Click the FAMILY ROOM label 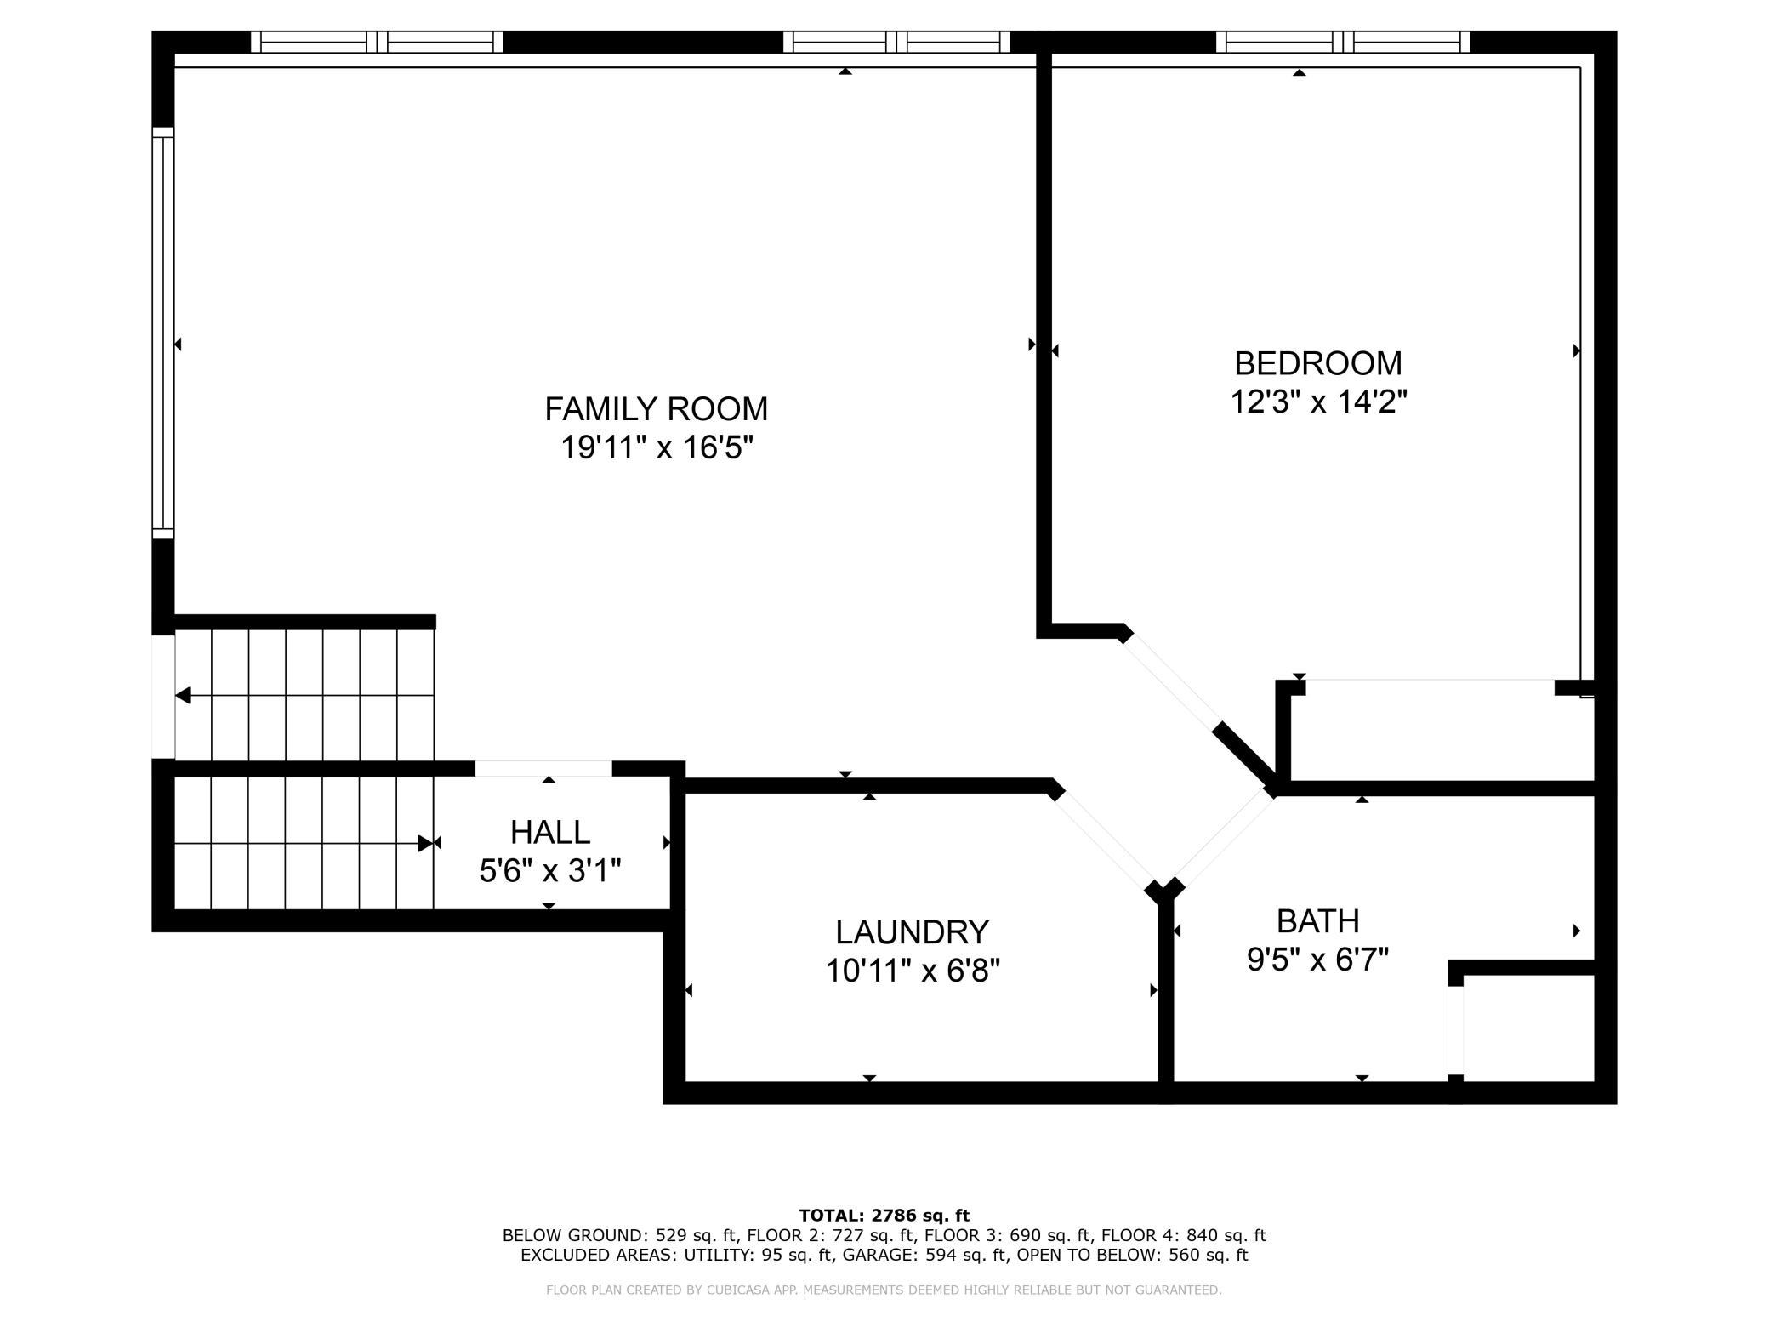click(656, 409)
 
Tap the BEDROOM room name click(1317, 363)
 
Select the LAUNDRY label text click(912, 932)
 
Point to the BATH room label click(1317, 921)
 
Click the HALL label click(550, 832)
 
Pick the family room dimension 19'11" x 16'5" click(657, 447)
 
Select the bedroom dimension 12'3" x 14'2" click(1318, 402)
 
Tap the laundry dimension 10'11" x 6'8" click(913, 971)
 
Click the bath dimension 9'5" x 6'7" click(1317, 960)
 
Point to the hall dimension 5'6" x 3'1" click(550, 871)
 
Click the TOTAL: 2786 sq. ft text click(884, 1216)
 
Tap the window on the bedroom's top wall click(1343, 42)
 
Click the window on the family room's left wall click(162, 333)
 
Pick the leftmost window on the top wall click(377, 42)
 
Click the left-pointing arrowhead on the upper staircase click(183, 696)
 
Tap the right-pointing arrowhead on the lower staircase click(425, 844)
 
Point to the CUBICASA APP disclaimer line click(884, 1290)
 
